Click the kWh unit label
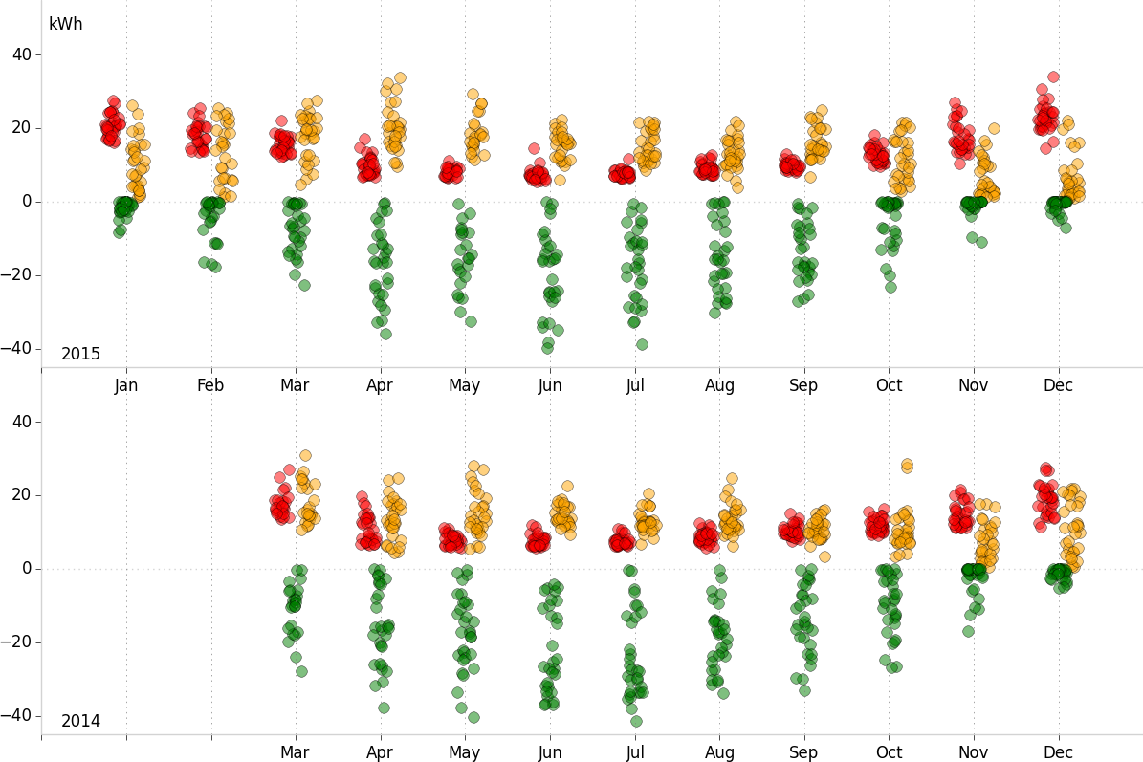coord(65,24)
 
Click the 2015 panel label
coord(80,354)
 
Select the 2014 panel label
coord(80,721)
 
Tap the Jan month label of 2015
coord(126,385)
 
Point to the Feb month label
coord(210,385)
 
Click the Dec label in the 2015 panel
coord(1058,385)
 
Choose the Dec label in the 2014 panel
coord(1058,752)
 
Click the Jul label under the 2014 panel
coord(634,752)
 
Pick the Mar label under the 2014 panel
coord(295,752)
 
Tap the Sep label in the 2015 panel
coord(803,385)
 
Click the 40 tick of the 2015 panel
coord(22,54)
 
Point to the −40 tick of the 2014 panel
coord(18,715)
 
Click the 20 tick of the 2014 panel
coord(22,495)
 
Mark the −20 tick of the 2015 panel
coord(18,274)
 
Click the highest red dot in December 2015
coord(1053,76)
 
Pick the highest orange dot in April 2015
coord(400,78)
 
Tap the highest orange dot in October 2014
coord(907,465)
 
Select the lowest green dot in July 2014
coord(636,721)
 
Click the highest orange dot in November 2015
coord(994,128)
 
